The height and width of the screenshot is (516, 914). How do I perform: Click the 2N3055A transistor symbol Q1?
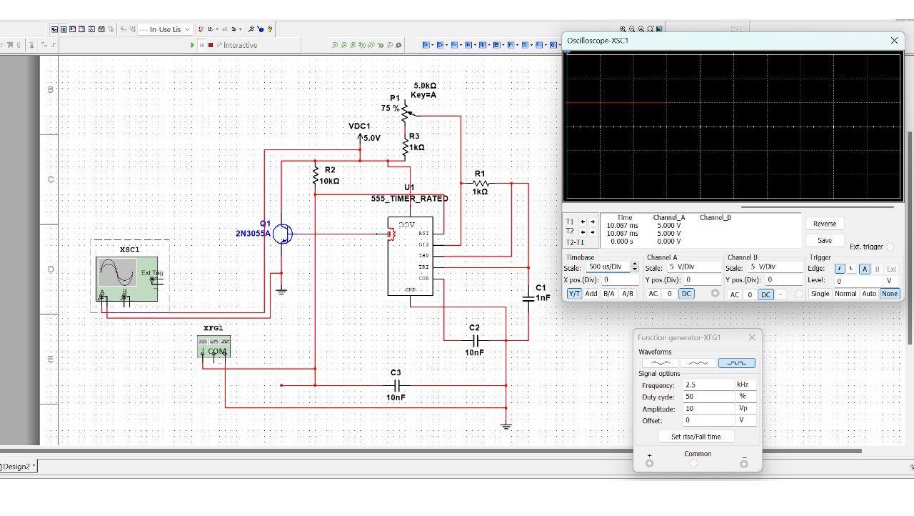(x=283, y=234)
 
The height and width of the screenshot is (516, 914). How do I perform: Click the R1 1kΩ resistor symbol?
(x=481, y=183)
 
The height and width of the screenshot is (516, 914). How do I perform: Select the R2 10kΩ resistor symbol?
(x=316, y=174)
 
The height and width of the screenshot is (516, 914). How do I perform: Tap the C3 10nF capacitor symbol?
(x=396, y=385)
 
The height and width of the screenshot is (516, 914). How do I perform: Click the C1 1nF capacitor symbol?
(x=528, y=297)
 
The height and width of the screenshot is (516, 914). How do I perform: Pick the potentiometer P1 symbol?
(x=406, y=111)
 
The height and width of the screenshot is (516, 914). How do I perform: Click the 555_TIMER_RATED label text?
(x=409, y=199)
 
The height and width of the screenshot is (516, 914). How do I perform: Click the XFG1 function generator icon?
(x=214, y=346)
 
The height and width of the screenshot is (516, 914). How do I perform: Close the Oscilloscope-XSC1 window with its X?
(x=894, y=41)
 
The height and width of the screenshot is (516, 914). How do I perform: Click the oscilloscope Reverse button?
(x=824, y=224)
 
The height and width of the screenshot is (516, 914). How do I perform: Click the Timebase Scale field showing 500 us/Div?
(x=606, y=267)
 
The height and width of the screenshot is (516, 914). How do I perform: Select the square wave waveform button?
(x=736, y=363)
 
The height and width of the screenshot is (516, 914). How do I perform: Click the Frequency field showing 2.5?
(x=708, y=385)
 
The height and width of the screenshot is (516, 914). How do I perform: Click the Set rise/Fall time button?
(x=695, y=437)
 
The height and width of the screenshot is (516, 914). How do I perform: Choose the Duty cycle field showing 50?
(x=708, y=397)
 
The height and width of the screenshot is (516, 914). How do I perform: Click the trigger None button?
(x=889, y=294)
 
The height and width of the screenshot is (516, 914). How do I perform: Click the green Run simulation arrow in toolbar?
(x=192, y=45)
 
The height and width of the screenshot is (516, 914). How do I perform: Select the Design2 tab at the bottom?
(x=17, y=467)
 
